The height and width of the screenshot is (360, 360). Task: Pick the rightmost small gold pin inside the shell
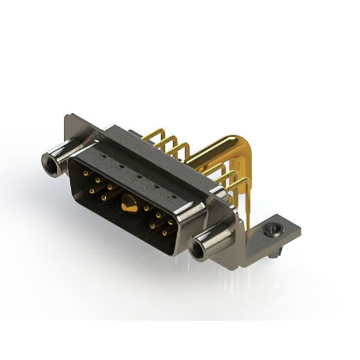click(170, 223)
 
